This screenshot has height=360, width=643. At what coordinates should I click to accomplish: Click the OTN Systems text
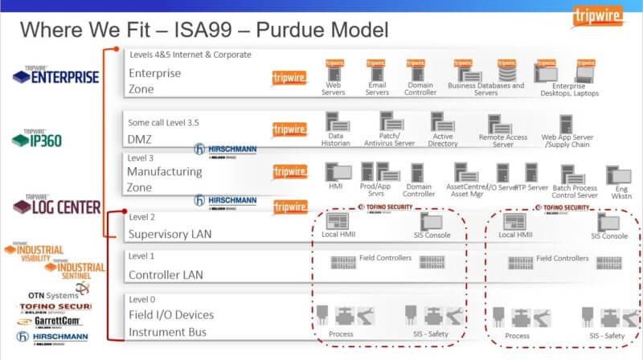(53, 295)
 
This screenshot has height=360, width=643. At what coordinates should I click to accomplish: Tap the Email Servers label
(377, 88)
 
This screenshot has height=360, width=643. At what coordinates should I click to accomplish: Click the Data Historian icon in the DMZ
(336, 122)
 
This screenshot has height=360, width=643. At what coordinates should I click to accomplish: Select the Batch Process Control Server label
(575, 191)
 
